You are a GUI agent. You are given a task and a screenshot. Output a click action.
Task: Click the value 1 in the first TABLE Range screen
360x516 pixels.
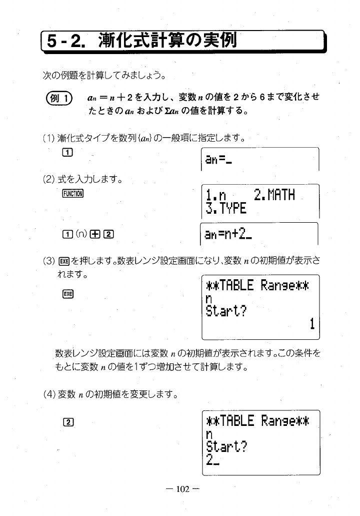pyautogui.click(x=311, y=325)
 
